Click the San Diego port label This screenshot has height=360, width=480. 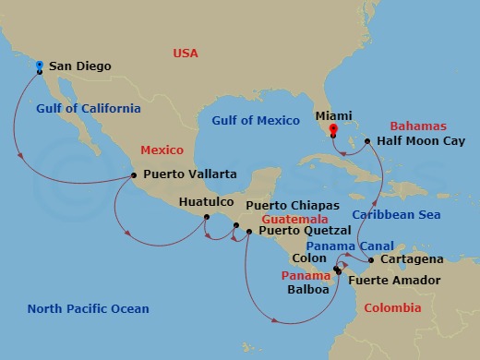pyautogui.click(x=79, y=66)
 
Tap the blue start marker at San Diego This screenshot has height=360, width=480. pyautogui.click(x=40, y=65)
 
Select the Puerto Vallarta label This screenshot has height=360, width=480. pyautogui.click(x=189, y=174)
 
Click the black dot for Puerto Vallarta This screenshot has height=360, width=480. pyautogui.click(x=135, y=174)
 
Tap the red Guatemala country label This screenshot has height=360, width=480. pyautogui.click(x=294, y=219)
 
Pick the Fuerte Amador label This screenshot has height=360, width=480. pyautogui.click(x=394, y=280)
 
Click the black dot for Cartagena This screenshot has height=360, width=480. pyautogui.click(x=372, y=260)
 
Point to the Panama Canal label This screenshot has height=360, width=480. pyautogui.click(x=350, y=246)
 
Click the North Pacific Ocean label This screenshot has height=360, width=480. pyautogui.click(x=89, y=308)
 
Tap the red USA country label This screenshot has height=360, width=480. pyautogui.click(x=186, y=53)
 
